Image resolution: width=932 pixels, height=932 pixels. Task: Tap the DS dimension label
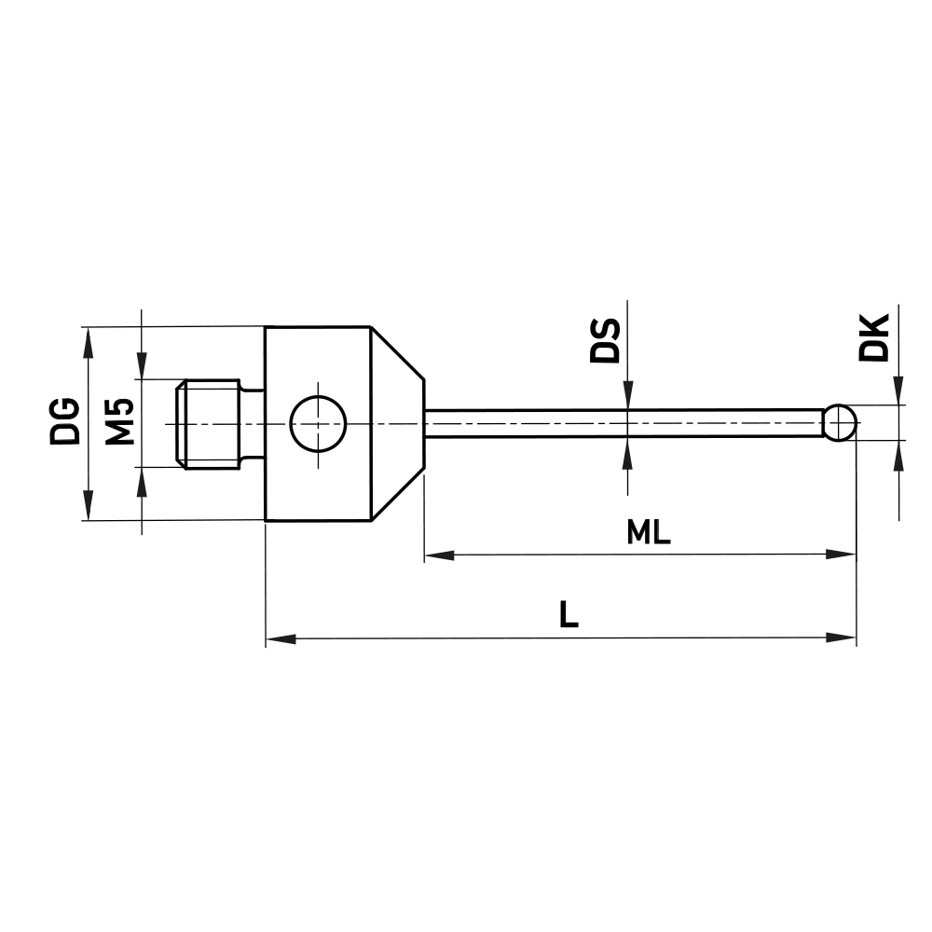(x=606, y=341)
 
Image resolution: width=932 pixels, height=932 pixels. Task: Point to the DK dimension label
(x=874, y=337)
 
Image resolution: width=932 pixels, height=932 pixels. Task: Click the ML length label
(x=649, y=532)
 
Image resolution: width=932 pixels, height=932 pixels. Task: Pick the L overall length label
(x=568, y=615)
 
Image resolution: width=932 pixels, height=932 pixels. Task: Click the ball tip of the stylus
(x=842, y=422)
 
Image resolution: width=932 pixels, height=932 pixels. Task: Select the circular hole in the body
(x=318, y=422)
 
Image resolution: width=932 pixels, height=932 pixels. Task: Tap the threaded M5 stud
(x=211, y=422)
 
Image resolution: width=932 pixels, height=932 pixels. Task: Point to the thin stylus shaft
(x=624, y=422)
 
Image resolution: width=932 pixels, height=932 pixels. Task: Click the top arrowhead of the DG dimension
(x=89, y=339)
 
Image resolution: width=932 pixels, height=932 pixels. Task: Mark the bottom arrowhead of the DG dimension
(x=89, y=508)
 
